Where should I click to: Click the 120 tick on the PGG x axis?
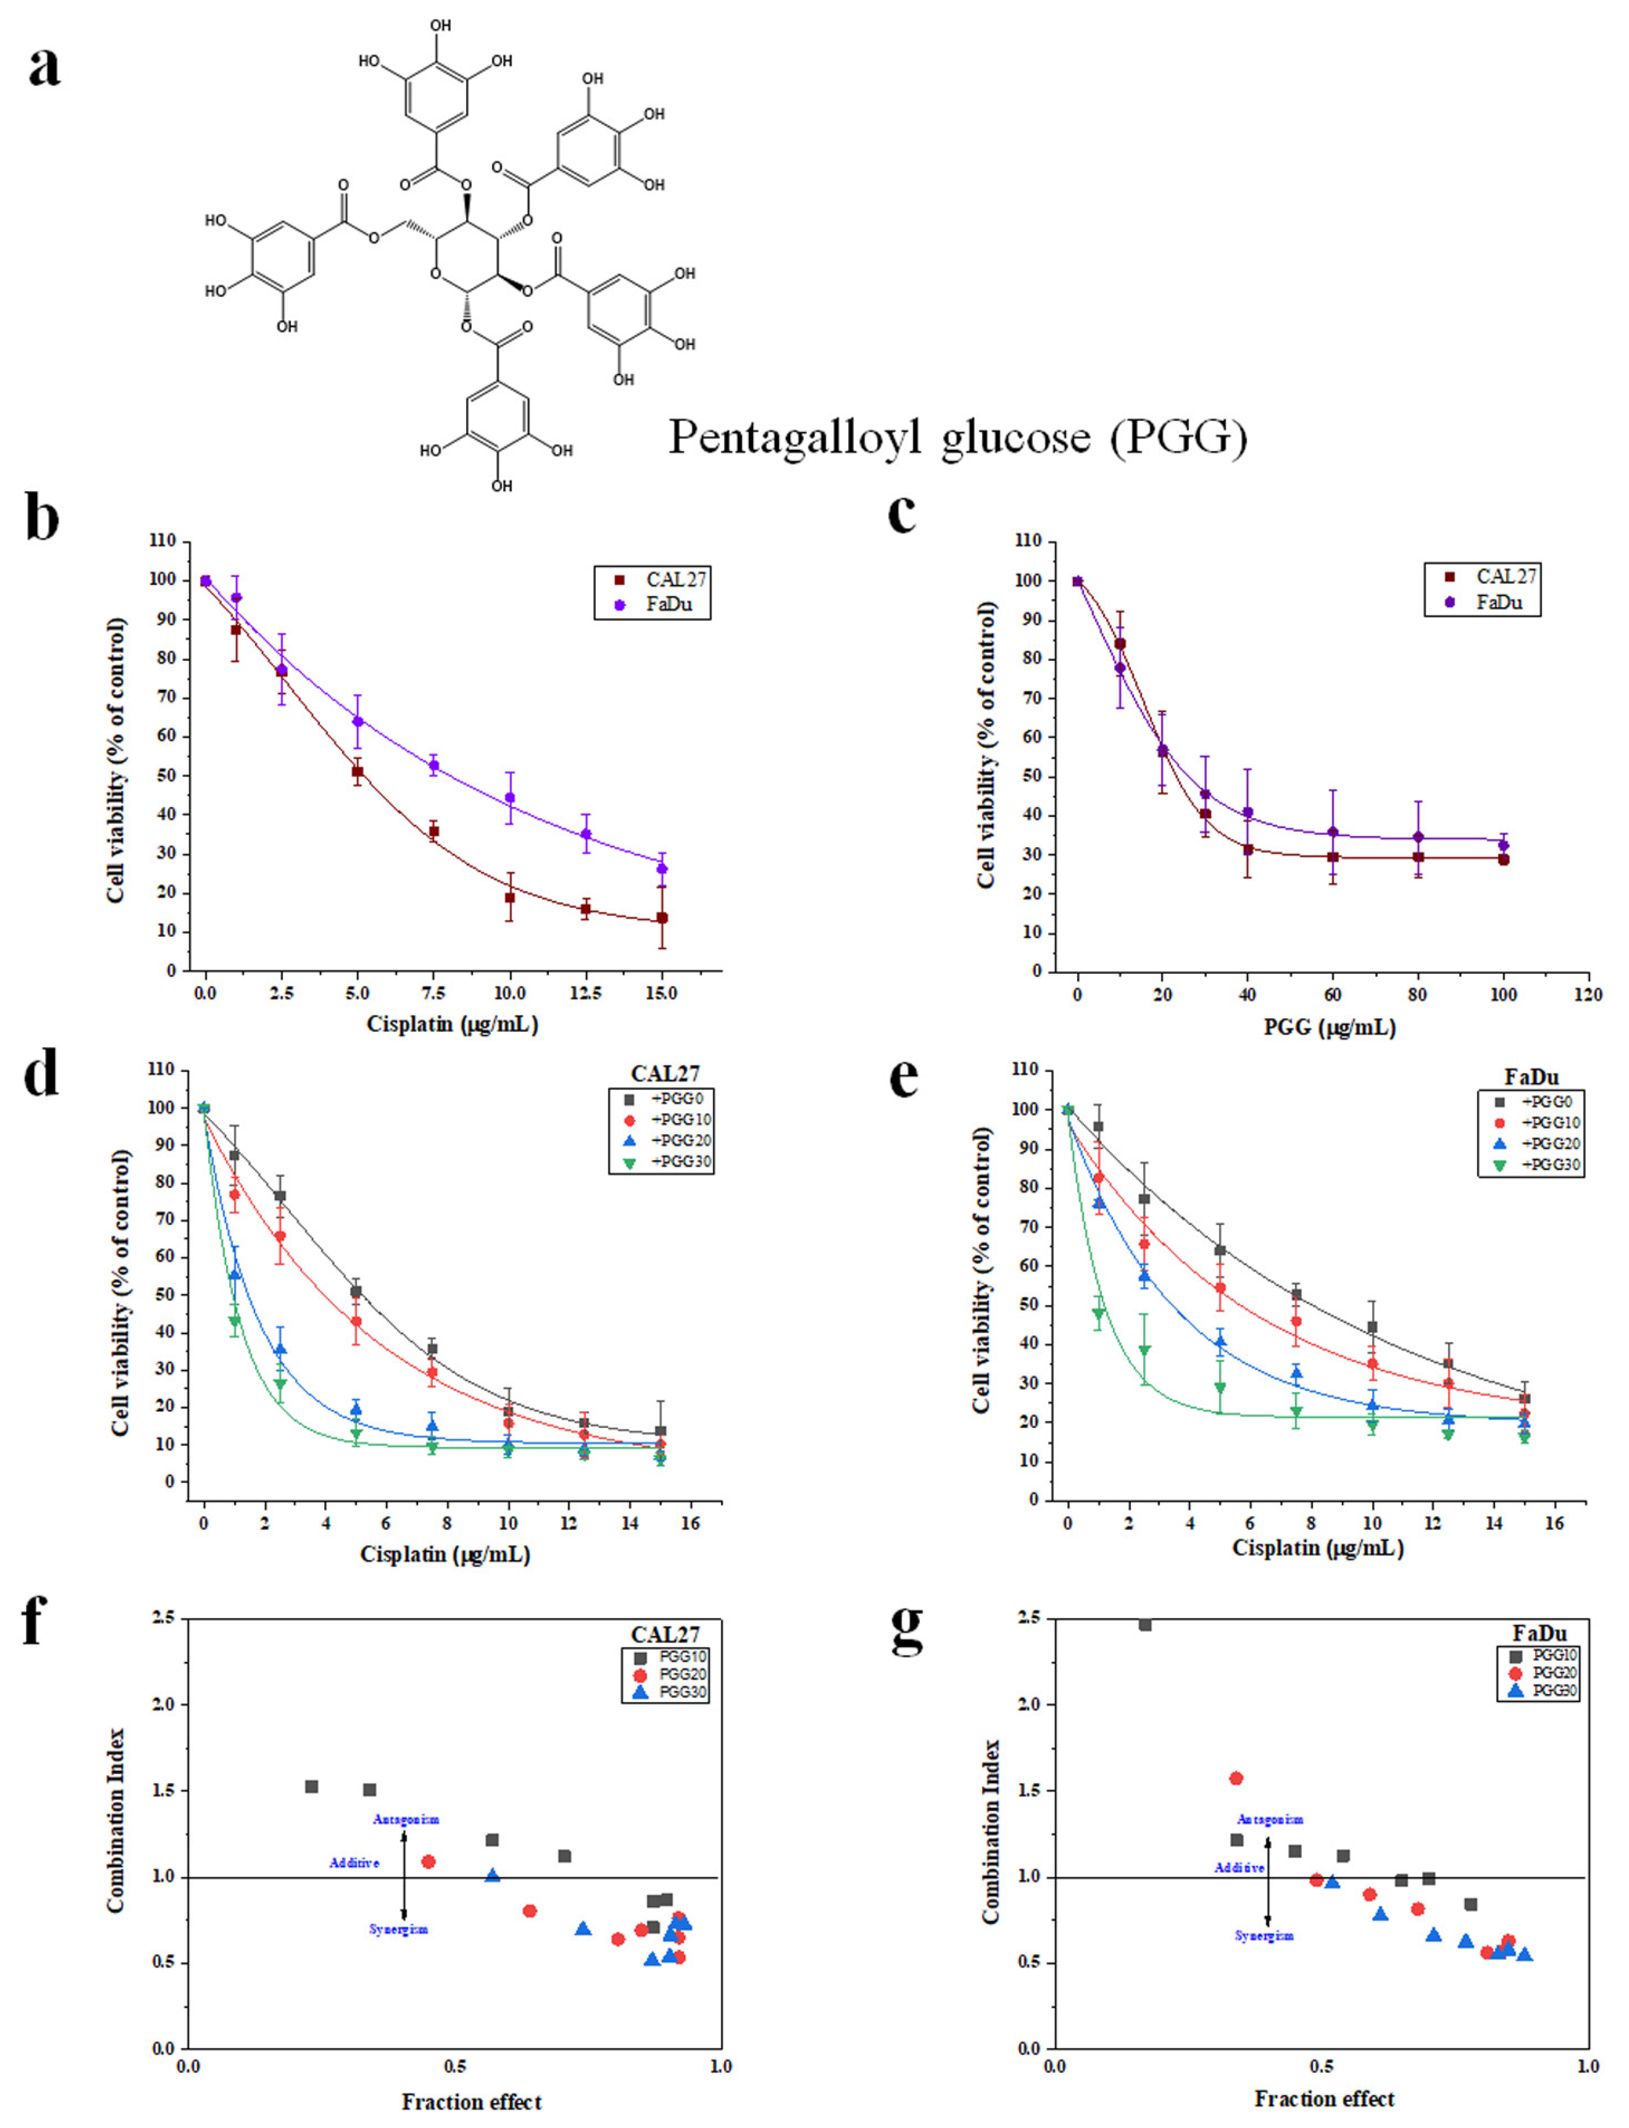tap(1587, 995)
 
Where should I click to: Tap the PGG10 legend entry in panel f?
tap(669, 1657)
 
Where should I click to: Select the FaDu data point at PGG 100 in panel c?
tap(1503, 845)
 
